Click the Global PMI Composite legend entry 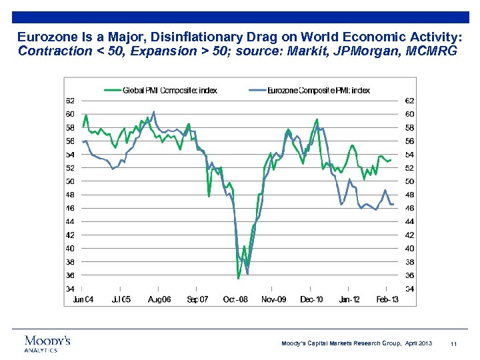point(169,90)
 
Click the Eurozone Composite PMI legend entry point(319,90)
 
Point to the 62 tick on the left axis point(69,101)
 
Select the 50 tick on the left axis point(69,181)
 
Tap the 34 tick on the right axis point(410,289)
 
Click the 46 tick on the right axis point(410,208)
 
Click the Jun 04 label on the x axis point(83,299)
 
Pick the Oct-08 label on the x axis point(235,299)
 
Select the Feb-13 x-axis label point(387,299)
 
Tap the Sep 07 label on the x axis point(197,299)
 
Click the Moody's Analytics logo point(47,343)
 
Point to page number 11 point(453,343)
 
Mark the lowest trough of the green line point(239,278)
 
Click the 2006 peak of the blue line point(154,111)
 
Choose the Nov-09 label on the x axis point(273,299)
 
